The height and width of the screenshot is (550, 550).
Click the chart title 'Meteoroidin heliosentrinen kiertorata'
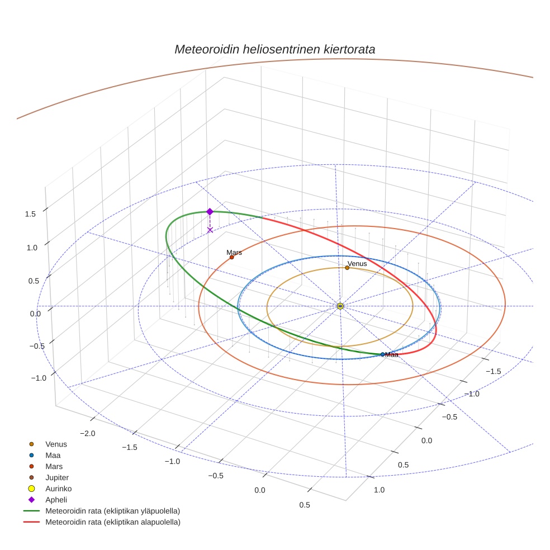[274, 49]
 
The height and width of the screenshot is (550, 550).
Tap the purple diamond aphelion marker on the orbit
[210, 211]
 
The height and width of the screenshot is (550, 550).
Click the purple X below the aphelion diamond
[210, 230]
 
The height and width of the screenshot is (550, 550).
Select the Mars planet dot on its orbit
[231, 257]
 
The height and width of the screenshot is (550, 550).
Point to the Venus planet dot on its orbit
[347, 268]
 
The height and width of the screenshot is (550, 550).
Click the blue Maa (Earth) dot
[382, 354]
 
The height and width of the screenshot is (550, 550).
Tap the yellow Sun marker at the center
[340, 306]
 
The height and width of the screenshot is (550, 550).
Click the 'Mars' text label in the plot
[234, 253]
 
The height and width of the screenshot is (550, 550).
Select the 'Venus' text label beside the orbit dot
[357, 263]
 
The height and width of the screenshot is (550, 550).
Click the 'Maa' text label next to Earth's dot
[392, 355]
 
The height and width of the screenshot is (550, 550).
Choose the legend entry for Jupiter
[57, 477]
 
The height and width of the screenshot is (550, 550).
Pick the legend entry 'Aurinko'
[58, 489]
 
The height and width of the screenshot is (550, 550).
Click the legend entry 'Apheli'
[56, 500]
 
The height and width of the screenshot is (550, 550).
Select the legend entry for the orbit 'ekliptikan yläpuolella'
[112, 511]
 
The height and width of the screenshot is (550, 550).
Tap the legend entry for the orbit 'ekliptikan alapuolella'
[112, 522]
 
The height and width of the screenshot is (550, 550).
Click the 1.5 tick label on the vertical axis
[31, 214]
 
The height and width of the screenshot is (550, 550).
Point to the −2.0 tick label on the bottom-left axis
[88, 433]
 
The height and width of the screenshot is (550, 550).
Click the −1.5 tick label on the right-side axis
[492, 371]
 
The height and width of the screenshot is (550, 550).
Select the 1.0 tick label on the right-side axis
[379, 490]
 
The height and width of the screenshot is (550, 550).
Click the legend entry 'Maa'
[53, 455]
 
